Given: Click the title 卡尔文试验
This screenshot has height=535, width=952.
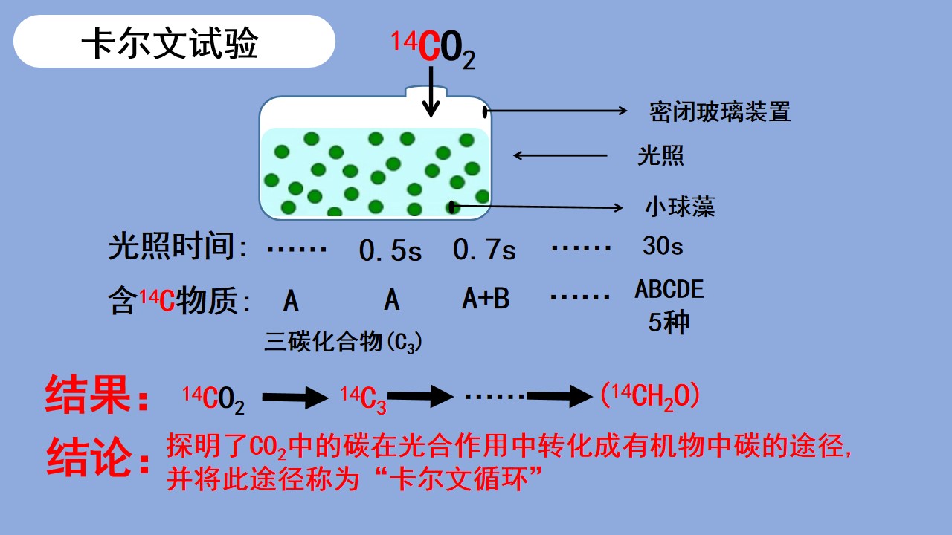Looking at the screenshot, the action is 170,42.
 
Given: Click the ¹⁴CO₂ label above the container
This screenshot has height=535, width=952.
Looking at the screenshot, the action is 433,49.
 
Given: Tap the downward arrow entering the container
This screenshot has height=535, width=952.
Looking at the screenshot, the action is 431,91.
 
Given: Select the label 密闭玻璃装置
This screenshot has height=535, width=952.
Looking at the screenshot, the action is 719,111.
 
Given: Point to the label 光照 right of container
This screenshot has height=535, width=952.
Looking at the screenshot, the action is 660,155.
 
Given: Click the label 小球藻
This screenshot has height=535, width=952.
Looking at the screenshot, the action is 680,207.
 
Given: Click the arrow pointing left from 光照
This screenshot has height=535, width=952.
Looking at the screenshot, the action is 560,155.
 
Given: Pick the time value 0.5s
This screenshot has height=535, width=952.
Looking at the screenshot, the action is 390,250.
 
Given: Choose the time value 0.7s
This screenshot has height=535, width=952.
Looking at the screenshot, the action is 484,249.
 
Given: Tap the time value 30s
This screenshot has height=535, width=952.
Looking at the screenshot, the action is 663,245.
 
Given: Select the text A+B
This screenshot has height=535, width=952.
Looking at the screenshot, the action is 486,298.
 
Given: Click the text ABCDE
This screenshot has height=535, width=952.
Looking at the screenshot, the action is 669,289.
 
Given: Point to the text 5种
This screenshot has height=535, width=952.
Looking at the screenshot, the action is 669,322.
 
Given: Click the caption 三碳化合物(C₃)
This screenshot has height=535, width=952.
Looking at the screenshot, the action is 343,341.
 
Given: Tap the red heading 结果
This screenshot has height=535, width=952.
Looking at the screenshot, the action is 97,394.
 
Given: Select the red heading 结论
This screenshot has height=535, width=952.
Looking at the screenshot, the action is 97,456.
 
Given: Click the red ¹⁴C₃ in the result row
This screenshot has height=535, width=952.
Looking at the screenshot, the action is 364,400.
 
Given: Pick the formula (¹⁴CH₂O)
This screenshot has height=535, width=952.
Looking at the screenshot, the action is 650,397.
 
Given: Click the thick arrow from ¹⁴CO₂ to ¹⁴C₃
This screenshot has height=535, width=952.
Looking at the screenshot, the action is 295,398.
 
